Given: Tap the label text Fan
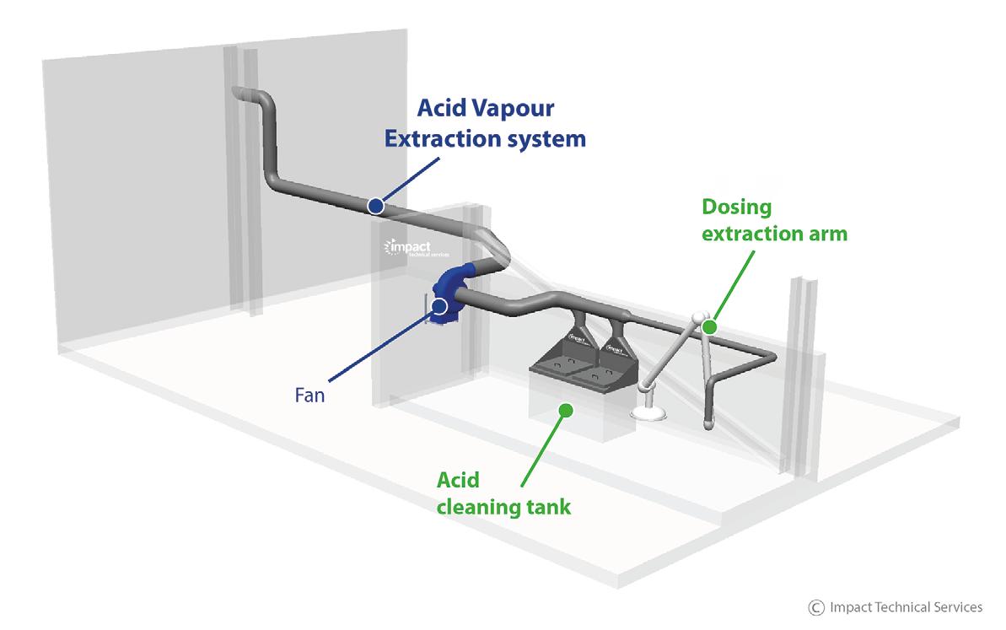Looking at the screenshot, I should (309, 394).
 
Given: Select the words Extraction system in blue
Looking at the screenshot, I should (484, 137).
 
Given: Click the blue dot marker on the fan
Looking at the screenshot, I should (439, 306).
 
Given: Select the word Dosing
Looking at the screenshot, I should (737, 207).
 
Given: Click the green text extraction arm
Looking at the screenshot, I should (774, 233).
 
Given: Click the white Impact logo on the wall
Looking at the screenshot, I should (408, 248).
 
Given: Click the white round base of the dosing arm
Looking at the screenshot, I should (649, 413).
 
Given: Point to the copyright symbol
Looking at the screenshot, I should (815, 607).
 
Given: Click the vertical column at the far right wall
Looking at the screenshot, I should (801, 371).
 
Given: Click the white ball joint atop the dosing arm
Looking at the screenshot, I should (697, 320).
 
